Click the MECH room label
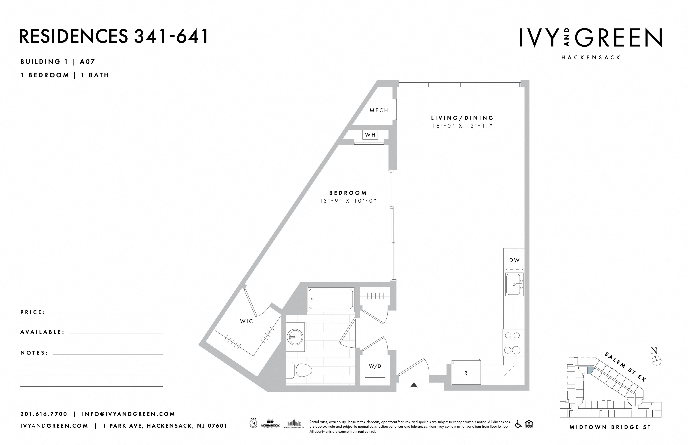(x=379, y=110)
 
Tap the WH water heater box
(x=370, y=135)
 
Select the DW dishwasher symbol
(x=514, y=260)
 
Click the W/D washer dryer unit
(x=375, y=366)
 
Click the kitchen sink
(x=514, y=285)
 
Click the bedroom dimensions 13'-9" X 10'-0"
(x=348, y=201)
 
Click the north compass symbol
(x=657, y=360)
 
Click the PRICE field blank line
(x=106, y=313)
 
